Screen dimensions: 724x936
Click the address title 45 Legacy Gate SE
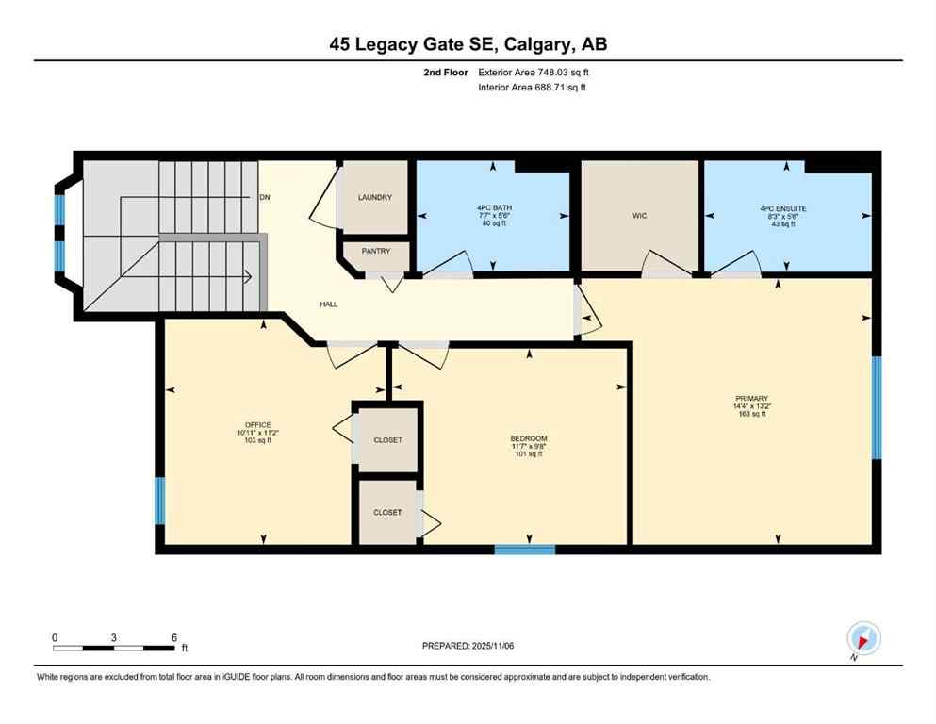(468, 43)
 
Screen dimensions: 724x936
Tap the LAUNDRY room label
(374, 197)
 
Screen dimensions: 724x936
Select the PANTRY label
(374, 252)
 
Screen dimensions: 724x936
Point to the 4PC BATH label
(492, 207)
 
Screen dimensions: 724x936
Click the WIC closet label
(640, 216)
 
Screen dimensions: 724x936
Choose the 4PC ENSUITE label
(783, 207)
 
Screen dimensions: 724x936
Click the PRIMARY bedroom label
(751, 399)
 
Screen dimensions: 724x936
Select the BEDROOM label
(528, 438)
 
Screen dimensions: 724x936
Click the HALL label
(328, 304)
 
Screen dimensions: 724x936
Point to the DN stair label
(265, 198)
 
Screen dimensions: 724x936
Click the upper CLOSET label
(386, 440)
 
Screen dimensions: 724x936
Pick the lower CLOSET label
(386, 512)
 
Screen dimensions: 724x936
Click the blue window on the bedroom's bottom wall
(525, 549)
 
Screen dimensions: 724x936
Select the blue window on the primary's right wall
(876, 407)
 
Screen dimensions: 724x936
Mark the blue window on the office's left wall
(159, 500)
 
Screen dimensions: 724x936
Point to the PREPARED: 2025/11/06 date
(468, 646)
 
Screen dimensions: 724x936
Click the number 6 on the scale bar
(173, 637)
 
